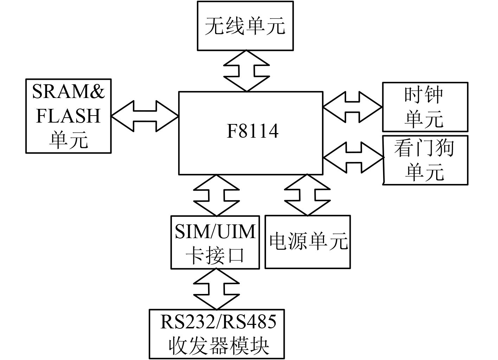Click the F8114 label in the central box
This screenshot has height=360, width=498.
coord(252,131)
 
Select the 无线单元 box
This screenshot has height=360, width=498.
coord(245,26)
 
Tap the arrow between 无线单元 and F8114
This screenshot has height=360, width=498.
coord(246,71)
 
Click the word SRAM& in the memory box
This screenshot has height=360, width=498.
coord(69,92)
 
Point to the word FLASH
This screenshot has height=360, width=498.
coord(68,116)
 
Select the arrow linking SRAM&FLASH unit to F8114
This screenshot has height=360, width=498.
coord(144,116)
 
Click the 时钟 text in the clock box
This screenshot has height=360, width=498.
coord(424,95)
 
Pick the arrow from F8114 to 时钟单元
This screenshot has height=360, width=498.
coord(352,107)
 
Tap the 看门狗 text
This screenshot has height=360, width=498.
coord(424,148)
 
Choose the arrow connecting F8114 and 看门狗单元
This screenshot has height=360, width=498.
coord(353,157)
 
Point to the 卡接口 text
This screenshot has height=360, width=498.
coord(215,255)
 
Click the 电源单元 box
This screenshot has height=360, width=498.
coord(308,242)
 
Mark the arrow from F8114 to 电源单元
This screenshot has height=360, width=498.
coord(308,195)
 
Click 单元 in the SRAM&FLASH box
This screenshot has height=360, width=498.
coord(68,139)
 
